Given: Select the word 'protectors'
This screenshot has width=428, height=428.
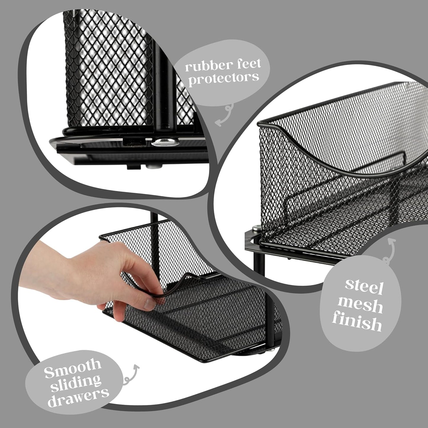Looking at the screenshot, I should coord(224,78).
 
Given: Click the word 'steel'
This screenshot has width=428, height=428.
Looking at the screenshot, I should coord(364,286).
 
